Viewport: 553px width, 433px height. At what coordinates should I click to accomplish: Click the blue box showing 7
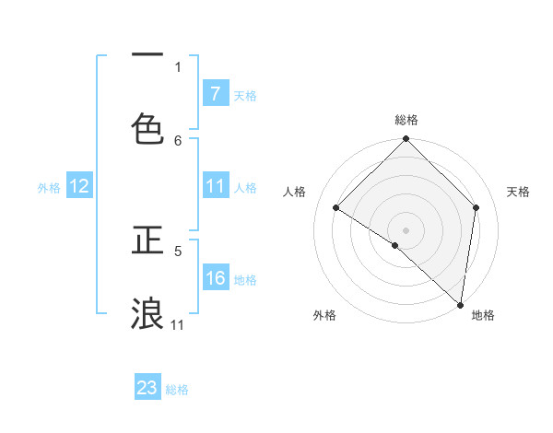[215, 93]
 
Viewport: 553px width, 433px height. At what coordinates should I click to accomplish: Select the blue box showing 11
[215, 186]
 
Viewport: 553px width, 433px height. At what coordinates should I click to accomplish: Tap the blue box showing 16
[215, 278]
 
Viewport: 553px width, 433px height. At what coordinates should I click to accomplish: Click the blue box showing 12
[79, 186]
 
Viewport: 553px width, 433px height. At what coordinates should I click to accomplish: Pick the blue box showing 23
[147, 388]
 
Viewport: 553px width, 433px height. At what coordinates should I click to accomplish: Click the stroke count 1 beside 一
[178, 66]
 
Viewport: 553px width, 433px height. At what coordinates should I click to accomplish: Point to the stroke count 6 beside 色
[178, 140]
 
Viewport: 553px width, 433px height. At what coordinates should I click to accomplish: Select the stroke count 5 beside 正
[178, 250]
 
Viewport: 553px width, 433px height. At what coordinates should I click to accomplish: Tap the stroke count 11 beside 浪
[178, 324]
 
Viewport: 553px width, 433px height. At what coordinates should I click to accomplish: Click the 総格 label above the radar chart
[406, 120]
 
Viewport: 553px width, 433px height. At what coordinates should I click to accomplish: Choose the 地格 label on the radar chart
[483, 316]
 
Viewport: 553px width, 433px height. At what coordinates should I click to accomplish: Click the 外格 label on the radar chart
[324, 316]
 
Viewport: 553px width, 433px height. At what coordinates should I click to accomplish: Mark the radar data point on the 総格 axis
[406, 140]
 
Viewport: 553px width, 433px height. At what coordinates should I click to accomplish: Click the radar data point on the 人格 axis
[336, 208]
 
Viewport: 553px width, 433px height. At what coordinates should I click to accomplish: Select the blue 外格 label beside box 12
[49, 187]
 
